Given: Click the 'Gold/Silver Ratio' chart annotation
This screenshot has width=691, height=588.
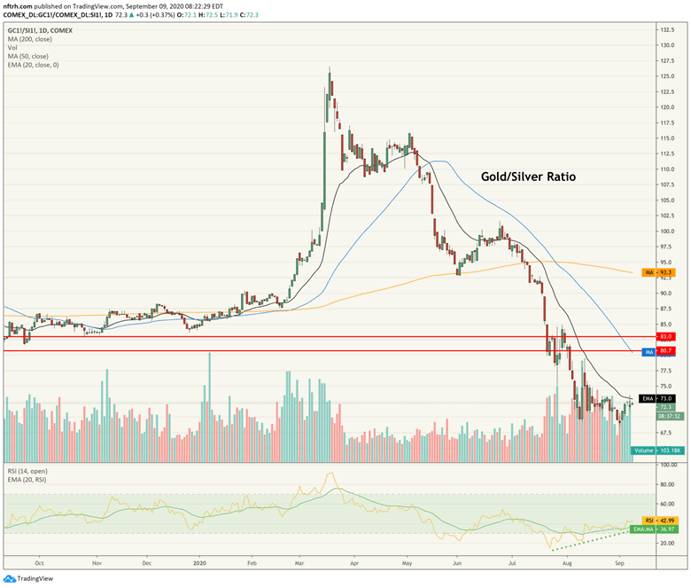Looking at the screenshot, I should (528, 176).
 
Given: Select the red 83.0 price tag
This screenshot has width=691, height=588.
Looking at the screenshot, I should (665, 337).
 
